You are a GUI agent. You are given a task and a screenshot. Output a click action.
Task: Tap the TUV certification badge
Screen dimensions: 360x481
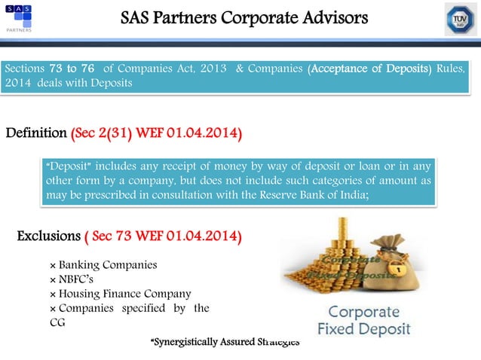460,19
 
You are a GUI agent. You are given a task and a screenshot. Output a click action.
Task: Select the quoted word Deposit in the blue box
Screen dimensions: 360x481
66,165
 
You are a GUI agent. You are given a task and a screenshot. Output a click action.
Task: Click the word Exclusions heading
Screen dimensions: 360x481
48,237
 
